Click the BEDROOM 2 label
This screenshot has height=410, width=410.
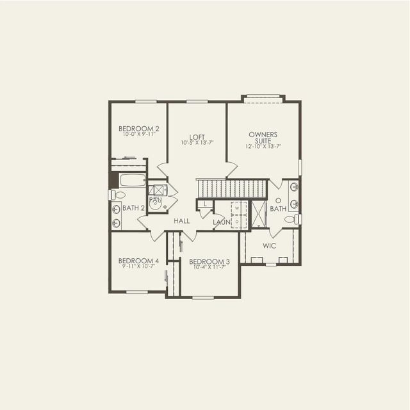[x=139, y=129]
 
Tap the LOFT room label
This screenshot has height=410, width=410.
[x=197, y=136]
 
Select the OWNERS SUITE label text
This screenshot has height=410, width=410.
[x=263, y=138]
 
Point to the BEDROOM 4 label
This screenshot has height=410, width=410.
[x=138, y=261]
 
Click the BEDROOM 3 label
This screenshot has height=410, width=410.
[x=209, y=261]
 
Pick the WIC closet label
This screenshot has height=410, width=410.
[x=270, y=245]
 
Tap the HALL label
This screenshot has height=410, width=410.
[x=183, y=221]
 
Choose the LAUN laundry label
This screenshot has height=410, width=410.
[x=222, y=222]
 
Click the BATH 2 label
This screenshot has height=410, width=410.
[x=133, y=208]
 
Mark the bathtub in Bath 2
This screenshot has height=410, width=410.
[x=133, y=180]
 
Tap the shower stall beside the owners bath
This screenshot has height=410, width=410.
[x=258, y=214]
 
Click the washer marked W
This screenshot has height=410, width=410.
[x=236, y=208]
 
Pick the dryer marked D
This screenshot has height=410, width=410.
[x=236, y=221]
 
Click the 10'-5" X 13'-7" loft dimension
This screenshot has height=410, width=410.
[x=197, y=143]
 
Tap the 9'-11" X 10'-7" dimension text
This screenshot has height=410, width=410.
[x=138, y=266]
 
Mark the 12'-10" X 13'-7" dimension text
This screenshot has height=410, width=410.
[x=263, y=147]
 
